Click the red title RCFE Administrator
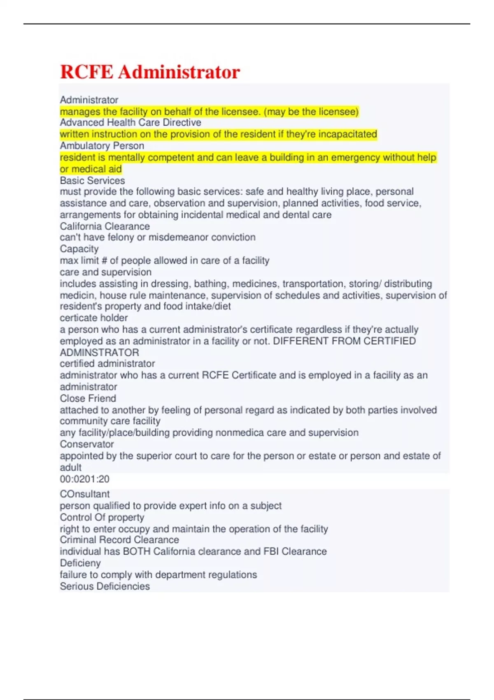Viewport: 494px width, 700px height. (x=150, y=72)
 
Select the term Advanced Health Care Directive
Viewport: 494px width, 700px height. (x=130, y=123)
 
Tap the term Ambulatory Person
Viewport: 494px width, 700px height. (x=102, y=146)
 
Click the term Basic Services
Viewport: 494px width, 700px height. (x=92, y=180)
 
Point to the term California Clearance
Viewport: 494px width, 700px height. (x=105, y=226)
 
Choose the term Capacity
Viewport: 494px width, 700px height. (x=79, y=249)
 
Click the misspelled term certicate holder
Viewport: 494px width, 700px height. (x=93, y=318)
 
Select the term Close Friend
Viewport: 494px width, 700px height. (x=88, y=398)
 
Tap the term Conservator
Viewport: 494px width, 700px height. (x=86, y=444)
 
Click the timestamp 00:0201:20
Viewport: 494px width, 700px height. (x=84, y=479)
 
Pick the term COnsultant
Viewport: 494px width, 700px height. (x=84, y=494)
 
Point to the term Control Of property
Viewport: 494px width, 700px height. (x=102, y=517)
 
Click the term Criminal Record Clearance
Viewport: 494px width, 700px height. (x=119, y=540)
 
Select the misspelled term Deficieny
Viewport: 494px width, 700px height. (x=80, y=563)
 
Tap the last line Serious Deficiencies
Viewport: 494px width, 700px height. (x=105, y=586)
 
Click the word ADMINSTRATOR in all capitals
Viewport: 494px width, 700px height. (x=99, y=352)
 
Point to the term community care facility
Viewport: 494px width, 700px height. (x=110, y=421)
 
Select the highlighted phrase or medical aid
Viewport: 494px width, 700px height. (x=91, y=169)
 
